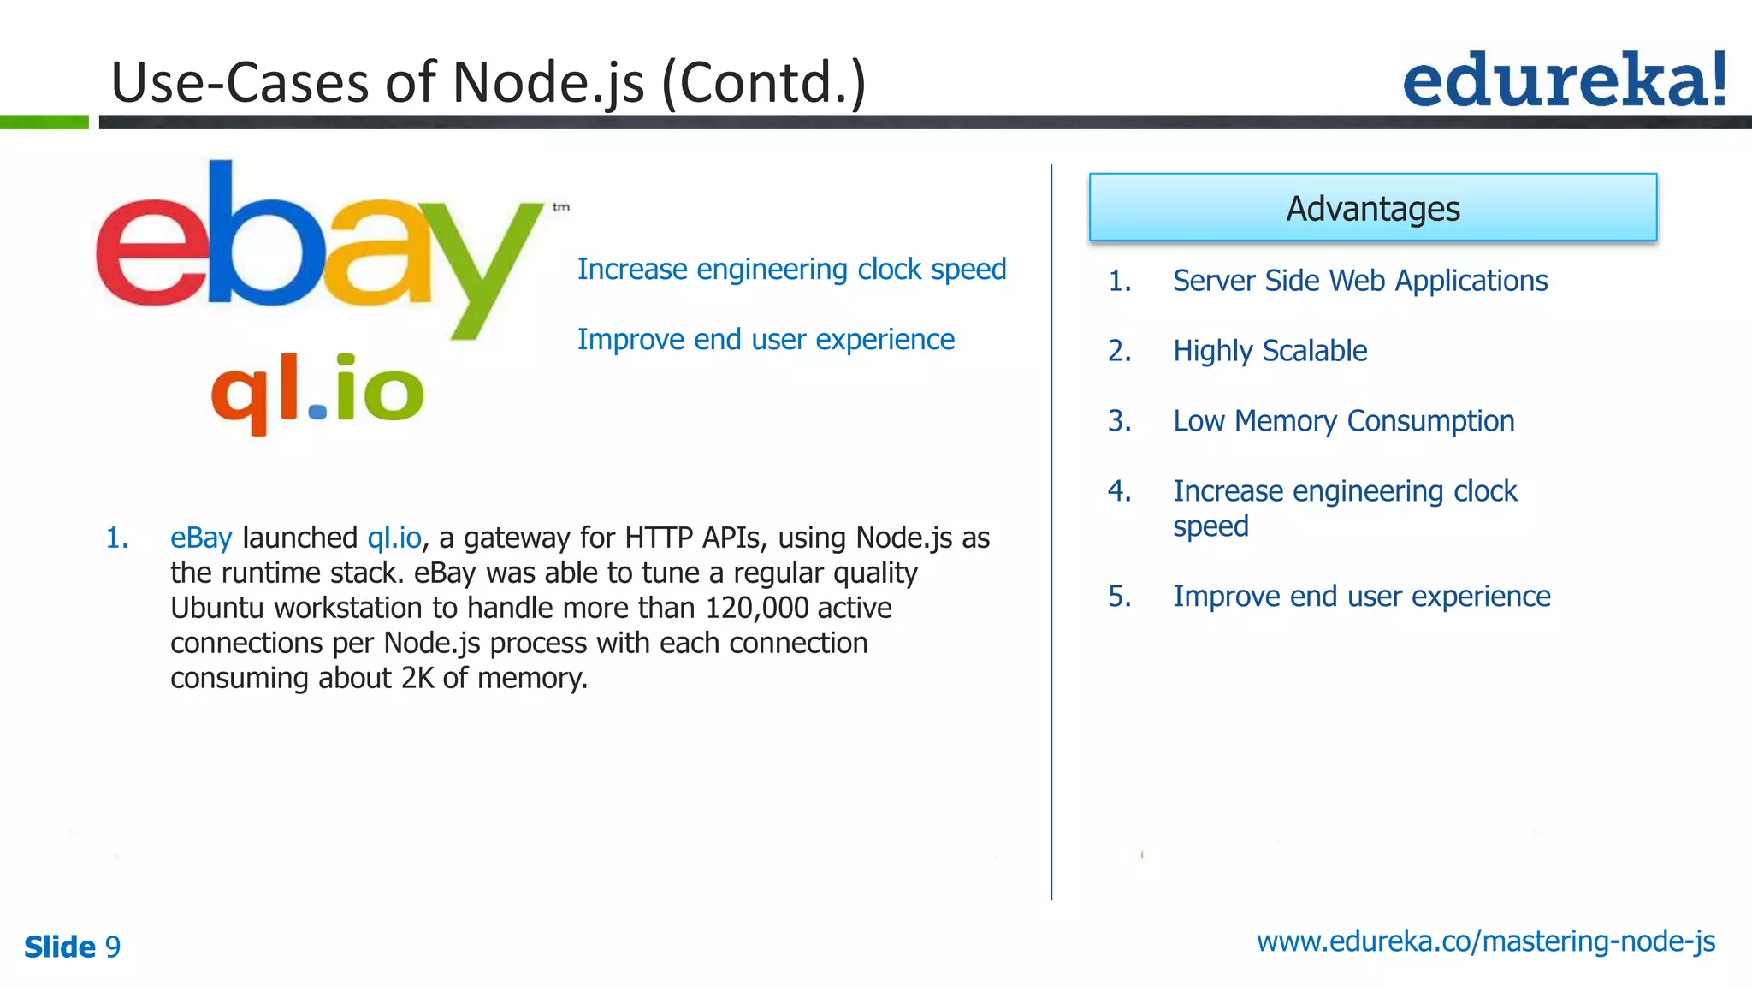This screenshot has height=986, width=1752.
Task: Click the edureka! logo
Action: (1564, 80)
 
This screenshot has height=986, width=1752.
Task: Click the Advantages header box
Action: (1372, 208)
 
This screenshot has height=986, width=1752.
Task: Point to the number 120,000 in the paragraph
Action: (756, 608)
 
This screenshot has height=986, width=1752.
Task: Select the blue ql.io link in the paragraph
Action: (394, 538)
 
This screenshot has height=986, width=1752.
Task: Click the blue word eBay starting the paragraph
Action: (201, 538)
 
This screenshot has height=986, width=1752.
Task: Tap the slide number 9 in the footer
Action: (113, 947)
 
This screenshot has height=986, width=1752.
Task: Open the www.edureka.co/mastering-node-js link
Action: (1485, 941)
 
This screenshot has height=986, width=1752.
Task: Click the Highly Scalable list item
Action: (1270, 351)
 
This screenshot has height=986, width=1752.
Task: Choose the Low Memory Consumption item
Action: (1343, 421)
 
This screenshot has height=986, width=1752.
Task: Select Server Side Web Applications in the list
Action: (1359, 281)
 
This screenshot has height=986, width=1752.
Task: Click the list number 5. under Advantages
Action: (1119, 597)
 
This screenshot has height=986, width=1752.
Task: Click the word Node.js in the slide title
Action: (547, 83)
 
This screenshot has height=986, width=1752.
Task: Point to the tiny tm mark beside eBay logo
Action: (560, 207)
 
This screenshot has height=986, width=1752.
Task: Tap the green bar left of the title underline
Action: (44, 122)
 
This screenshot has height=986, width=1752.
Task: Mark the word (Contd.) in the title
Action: (764, 83)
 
